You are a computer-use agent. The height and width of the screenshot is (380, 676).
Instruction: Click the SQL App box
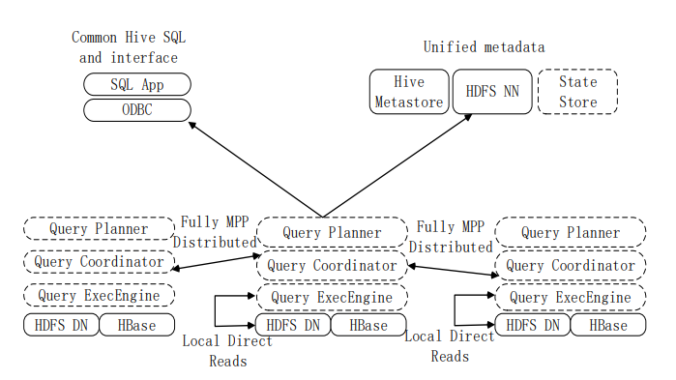pos(137,85)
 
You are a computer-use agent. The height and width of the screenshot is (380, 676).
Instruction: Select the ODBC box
pos(137,110)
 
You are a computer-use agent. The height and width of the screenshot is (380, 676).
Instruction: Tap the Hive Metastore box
pos(407,92)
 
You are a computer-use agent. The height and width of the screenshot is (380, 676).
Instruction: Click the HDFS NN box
pos(491,92)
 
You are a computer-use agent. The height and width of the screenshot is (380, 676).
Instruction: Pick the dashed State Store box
pos(577,92)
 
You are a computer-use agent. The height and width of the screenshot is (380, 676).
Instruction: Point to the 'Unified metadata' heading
pos(484,46)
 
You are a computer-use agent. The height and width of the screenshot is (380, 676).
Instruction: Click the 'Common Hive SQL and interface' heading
pos(129,47)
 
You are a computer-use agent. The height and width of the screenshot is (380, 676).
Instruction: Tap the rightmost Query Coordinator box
pos(570,265)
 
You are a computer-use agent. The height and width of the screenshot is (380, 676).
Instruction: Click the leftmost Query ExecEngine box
pos(100,295)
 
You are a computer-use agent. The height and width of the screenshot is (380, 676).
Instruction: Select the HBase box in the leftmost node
pos(137,325)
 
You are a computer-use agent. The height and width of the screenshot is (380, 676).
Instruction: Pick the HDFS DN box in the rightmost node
pos(532,326)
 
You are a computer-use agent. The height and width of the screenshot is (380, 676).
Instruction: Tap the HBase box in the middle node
pos(368,326)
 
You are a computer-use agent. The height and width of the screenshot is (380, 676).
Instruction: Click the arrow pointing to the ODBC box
pos(256,169)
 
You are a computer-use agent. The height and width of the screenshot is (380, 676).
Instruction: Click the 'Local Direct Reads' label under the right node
pos(450,346)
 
